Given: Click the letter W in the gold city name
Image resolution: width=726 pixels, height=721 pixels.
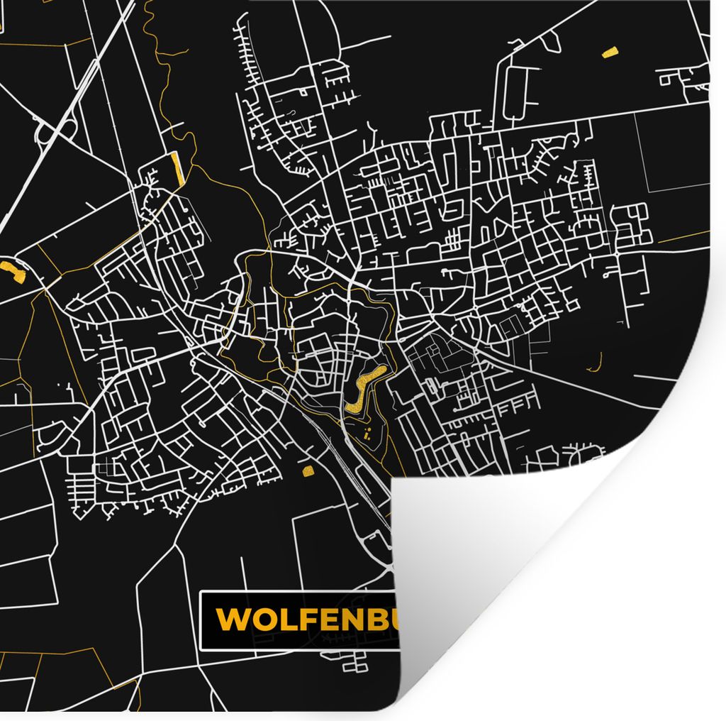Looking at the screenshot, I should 233,620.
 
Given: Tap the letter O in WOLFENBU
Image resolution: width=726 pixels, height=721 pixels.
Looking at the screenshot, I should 262,620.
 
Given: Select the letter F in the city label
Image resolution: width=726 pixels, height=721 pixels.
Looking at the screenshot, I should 303,620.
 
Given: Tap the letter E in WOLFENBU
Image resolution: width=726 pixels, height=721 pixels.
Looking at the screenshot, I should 323,620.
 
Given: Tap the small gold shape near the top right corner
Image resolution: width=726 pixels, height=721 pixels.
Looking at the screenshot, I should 609,52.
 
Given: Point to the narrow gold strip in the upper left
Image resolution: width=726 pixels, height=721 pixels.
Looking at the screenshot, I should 177,169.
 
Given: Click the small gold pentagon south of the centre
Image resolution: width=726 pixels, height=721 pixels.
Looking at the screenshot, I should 308,470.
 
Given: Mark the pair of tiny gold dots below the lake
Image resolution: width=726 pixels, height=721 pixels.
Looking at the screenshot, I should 367,434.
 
